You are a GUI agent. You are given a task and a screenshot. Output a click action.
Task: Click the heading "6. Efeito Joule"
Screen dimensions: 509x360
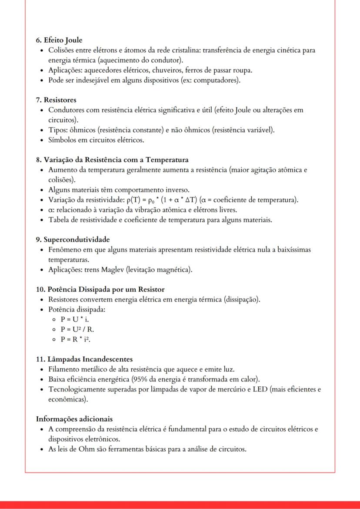59,40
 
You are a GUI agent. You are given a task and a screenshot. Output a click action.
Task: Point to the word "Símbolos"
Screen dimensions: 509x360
63,140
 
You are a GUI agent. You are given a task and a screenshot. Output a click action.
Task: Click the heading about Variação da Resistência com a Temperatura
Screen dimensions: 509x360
112,160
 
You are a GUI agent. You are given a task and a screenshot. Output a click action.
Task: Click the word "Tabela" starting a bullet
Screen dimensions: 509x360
59,220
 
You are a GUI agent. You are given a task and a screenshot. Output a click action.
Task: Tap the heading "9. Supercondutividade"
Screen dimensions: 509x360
73,240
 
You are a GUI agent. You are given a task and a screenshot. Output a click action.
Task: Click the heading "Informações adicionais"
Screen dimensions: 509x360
74,419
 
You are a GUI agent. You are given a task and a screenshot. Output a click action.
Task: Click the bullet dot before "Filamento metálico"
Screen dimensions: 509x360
41,369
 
